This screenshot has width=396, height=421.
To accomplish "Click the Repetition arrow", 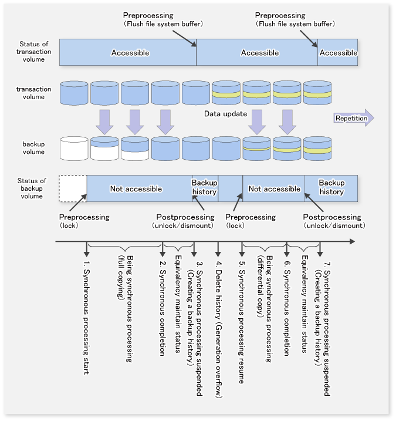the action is click(354, 118).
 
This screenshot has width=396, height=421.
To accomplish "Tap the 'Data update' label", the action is click(225, 114).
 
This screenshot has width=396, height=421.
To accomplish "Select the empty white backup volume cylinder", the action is click(74, 148).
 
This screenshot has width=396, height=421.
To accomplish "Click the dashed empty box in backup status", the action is click(73, 188).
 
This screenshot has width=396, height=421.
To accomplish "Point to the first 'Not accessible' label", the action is click(136, 188).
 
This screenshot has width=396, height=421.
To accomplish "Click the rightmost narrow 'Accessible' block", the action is click(338, 52).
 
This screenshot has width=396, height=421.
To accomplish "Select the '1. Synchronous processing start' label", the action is click(86, 318).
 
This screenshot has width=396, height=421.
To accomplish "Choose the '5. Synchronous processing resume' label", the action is click(242, 322).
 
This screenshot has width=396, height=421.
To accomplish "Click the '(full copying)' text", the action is click(121, 277).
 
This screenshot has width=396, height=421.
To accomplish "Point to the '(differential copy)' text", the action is click(260, 286).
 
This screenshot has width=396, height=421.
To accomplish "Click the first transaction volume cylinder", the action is click(74, 93).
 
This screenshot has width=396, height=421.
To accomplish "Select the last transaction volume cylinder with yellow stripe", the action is click(317, 93).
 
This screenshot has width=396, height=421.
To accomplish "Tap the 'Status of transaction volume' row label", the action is click(33, 52).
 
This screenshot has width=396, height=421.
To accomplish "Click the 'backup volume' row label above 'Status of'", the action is click(33, 148).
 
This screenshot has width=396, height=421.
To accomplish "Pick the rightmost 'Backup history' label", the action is click(331, 187).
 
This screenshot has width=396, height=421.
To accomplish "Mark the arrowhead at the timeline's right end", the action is click(353, 242).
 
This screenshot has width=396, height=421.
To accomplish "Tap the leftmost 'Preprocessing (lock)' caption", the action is click(84, 221).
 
